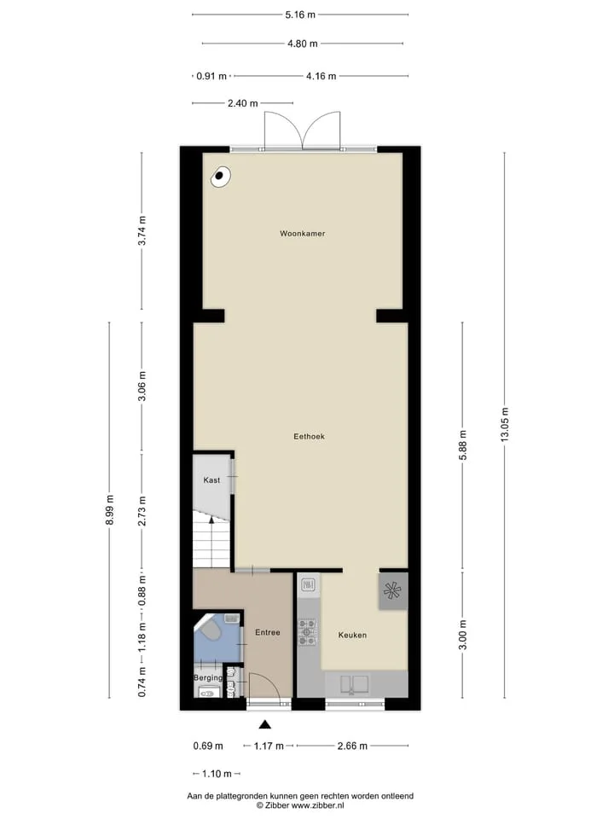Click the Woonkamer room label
(x=302, y=234)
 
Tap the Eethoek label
(x=309, y=436)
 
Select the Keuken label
(x=352, y=635)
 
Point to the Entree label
(x=267, y=632)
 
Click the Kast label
(x=211, y=480)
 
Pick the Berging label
(x=208, y=678)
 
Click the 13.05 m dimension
(x=504, y=425)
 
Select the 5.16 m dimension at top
(x=300, y=15)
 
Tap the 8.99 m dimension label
(x=109, y=509)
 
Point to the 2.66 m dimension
(x=352, y=746)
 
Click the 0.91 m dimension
(x=211, y=76)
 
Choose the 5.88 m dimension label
(x=462, y=445)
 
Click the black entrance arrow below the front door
(x=265, y=724)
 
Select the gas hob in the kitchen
(x=306, y=632)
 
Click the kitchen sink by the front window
(x=354, y=685)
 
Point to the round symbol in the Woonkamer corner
(x=220, y=177)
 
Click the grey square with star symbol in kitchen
(x=392, y=590)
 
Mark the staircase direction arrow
(x=211, y=520)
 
